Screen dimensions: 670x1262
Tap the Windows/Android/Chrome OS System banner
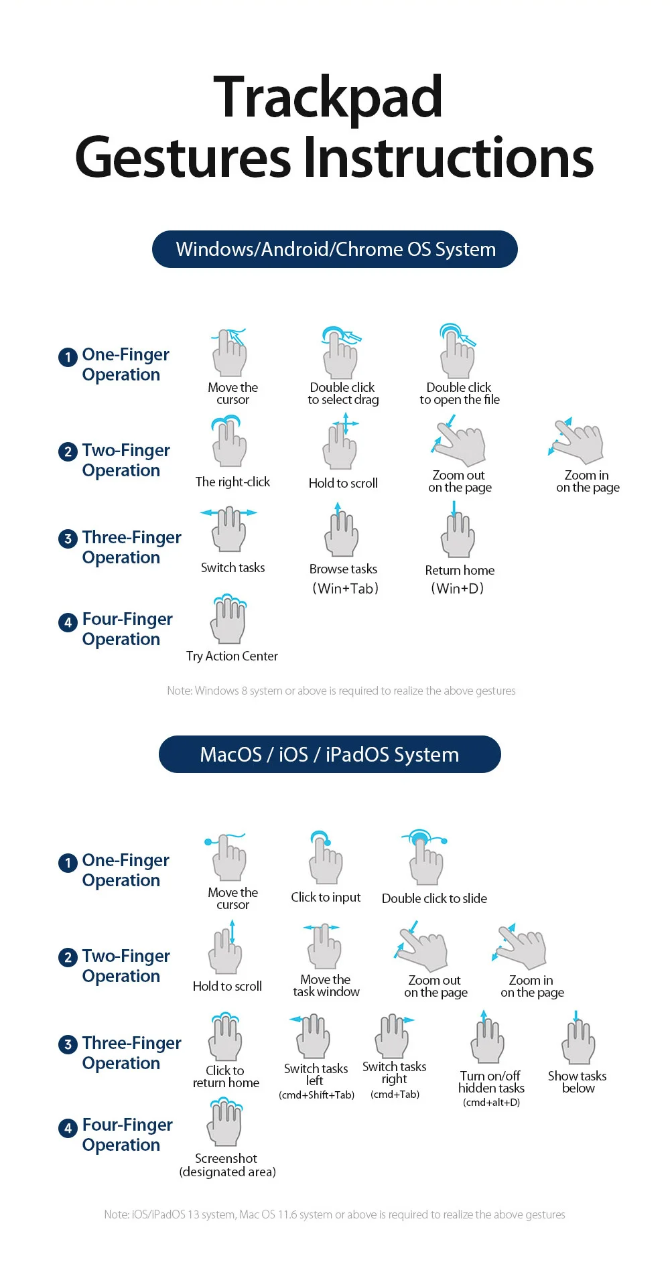(x=335, y=249)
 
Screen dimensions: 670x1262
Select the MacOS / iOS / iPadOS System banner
(x=330, y=754)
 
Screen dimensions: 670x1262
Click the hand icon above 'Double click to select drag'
(x=341, y=353)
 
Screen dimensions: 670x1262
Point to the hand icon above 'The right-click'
(x=229, y=441)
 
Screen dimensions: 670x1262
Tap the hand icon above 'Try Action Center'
(x=229, y=619)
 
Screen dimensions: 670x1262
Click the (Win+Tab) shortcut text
(x=345, y=589)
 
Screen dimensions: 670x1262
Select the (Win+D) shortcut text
(x=458, y=589)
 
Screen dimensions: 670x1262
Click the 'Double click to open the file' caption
(x=460, y=394)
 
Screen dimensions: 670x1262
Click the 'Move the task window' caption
(x=326, y=985)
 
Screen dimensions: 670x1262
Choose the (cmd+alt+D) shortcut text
(x=491, y=1103)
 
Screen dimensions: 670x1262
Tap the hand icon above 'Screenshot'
(x=225, y=1122)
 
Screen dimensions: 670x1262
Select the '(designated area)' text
(x=228, y=1172)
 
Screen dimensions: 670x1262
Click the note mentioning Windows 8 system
(x=341, y=691)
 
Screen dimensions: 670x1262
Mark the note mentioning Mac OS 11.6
(x=335, y=1214)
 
